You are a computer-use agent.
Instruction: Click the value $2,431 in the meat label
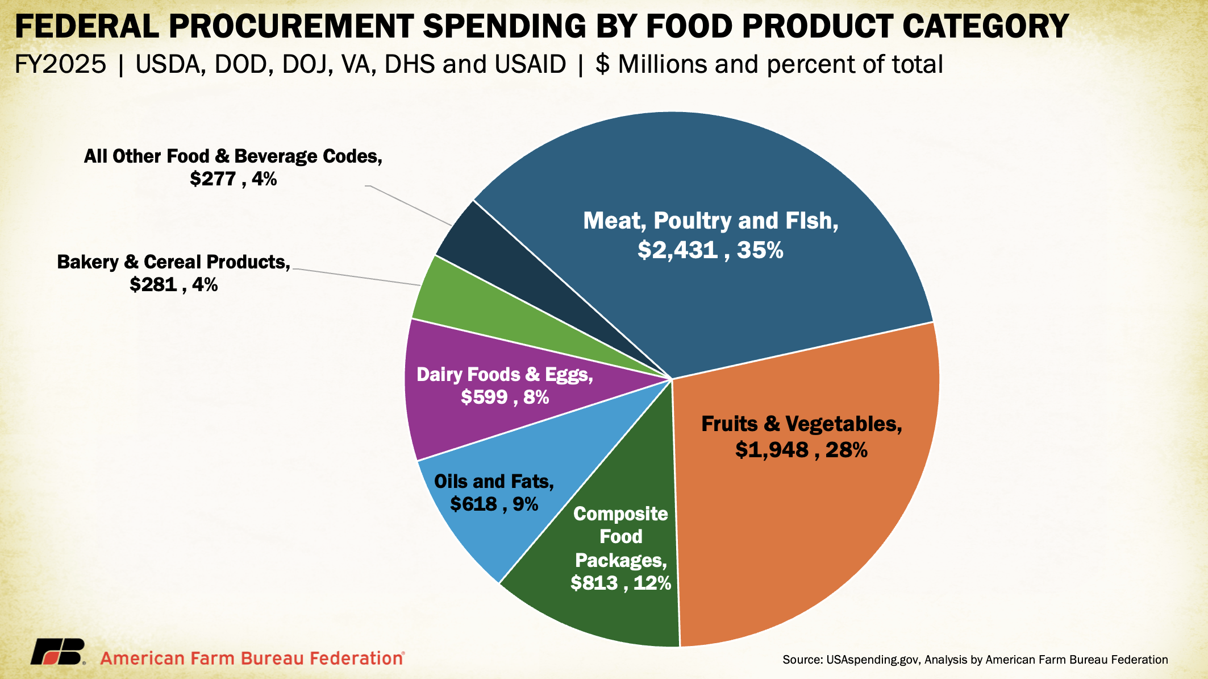[677, 250]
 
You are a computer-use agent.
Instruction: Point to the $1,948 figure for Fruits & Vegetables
[772, 450]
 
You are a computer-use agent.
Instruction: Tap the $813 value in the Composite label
[594, 583]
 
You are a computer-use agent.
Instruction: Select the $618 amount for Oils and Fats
[473, 504]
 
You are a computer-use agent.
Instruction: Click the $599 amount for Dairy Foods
[484, 397]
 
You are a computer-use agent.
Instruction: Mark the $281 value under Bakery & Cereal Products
[153, 284]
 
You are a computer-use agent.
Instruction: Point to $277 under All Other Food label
[213, 179]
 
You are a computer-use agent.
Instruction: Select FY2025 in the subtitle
[60, 64]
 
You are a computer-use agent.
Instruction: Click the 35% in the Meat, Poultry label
[760, 250]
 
